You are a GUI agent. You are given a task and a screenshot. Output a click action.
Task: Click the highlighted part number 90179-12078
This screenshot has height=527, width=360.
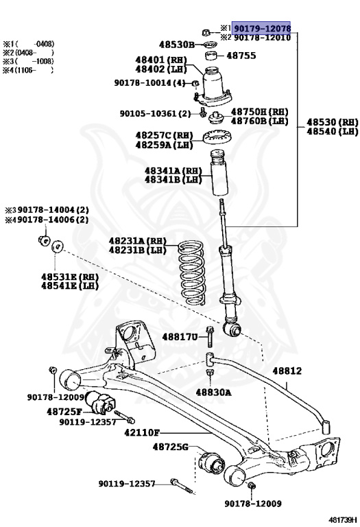coord(262,27)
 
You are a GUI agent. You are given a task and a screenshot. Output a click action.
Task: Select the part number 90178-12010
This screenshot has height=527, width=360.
coord(262,37)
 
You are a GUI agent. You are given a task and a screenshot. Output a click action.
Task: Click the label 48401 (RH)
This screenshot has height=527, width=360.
coord(158,60)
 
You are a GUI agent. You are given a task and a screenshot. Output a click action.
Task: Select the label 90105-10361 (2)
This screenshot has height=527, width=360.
coord(155,113)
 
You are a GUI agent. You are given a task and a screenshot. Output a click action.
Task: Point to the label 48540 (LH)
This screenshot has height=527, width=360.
coord(332,131)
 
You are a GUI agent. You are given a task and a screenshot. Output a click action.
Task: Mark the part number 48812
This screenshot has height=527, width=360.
coord(287,371)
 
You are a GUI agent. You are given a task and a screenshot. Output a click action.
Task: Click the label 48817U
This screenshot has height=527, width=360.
coord(180,337)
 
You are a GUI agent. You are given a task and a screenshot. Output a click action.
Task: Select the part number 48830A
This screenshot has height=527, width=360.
coord(213,393)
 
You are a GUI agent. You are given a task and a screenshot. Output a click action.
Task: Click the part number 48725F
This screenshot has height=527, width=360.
coord(64,411)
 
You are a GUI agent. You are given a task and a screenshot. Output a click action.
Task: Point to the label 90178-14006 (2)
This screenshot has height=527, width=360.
coord(47,220)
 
